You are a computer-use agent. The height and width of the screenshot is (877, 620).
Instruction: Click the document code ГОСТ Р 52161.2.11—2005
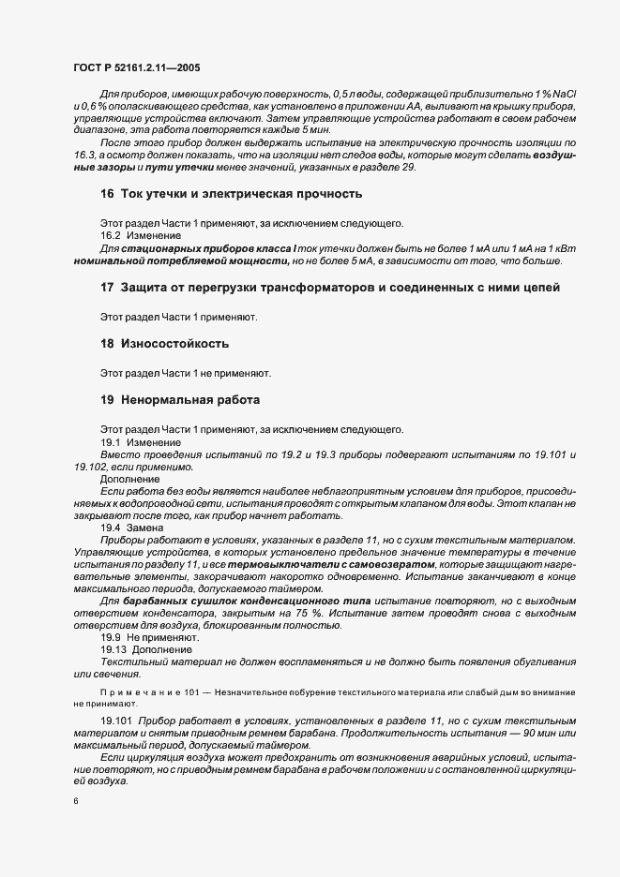coord(136,68)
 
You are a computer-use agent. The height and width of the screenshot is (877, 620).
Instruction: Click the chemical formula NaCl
coord(565,96)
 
